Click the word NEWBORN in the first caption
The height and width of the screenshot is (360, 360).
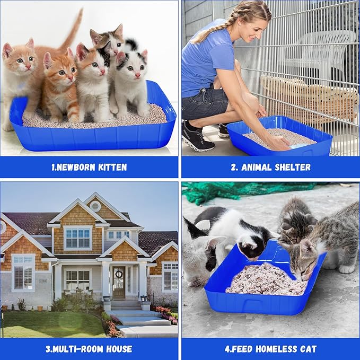coord(78,167)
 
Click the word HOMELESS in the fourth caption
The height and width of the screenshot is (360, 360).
coord(275,349)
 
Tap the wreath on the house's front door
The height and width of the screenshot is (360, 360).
coord(119,275)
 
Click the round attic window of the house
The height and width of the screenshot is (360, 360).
coord(95,206)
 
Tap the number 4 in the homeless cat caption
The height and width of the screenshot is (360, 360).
coord(226,349)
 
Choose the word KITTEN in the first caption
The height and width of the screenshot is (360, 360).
coord(112,167)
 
